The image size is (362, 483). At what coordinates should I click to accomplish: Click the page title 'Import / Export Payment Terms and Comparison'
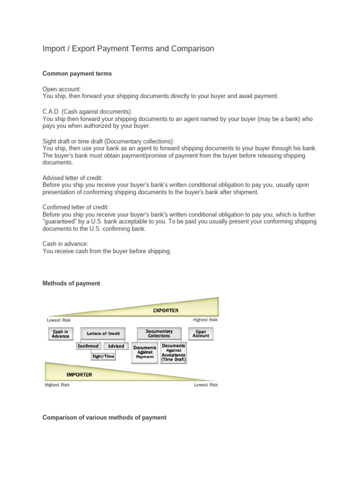pos(128,49)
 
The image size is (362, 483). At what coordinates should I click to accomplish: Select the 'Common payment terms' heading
pos(77,74)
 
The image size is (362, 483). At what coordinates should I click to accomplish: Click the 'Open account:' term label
pos(62,89)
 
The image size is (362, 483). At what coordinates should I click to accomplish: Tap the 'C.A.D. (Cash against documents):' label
pos(88,111)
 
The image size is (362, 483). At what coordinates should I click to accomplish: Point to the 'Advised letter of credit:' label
pos(73,178)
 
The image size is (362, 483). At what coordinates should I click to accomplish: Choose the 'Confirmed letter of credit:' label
pos(76,207)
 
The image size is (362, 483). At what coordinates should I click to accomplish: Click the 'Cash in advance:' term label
pos(66,244)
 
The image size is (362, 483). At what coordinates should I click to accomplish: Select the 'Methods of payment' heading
pos(71,283)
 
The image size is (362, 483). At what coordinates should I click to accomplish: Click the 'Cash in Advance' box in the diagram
pos(60,334)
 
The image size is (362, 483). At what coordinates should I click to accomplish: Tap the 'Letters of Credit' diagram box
pos(103,333)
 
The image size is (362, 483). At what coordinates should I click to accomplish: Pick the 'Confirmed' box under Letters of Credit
pos(88,346)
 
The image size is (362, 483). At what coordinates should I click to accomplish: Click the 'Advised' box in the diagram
pos(116,346)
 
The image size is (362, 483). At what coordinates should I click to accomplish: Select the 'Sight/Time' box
pos(103,357)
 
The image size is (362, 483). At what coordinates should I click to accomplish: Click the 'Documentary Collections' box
pos(159,333)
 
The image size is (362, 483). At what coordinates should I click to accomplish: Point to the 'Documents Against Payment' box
pos(145,352)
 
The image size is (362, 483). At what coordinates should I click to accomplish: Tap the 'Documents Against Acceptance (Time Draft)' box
pos(173,352)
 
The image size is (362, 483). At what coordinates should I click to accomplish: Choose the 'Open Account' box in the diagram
pos(201,333)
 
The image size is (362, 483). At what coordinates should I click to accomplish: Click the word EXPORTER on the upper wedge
pos(165,310)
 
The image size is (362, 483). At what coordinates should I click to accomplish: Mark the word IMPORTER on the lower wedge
pos(79,375)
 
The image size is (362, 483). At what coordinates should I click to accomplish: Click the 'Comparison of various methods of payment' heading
pos(104,417)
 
